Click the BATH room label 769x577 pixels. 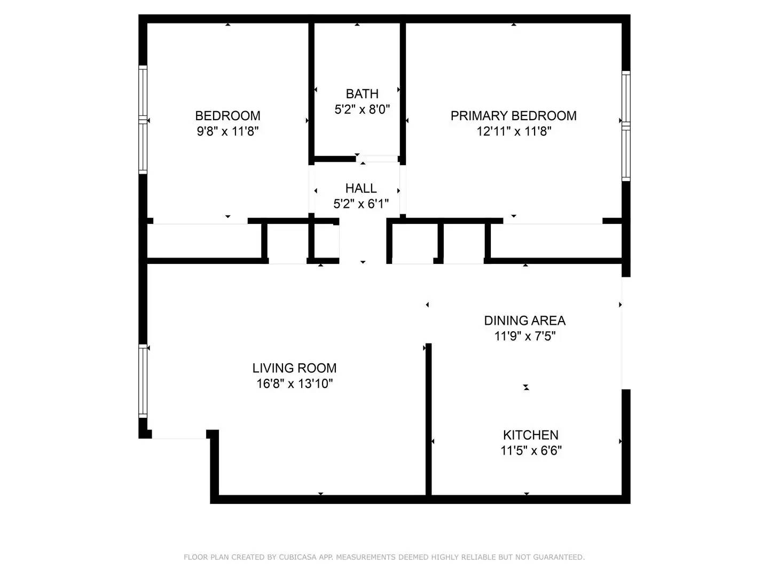click(x=362, y=94)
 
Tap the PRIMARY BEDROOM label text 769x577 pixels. click(x=513, y=115)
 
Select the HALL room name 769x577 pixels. click(x=361, y=188)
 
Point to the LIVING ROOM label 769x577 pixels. click(x=294, y=368)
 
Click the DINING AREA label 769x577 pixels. click(x=524, y=320)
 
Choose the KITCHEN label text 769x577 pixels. click(x=531, y=435)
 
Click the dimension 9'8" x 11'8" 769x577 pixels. click(x=227, y=131)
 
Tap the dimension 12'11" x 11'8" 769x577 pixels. click(x=514, y=131)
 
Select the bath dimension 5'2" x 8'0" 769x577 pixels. click(x=362, y=110)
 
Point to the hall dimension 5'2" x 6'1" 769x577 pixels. click(x=361, y=204)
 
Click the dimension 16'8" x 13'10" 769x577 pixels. click(x=294, y=384)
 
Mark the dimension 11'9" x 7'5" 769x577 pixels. click(x=524, y=336)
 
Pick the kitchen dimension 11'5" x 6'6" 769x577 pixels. click(x=531, y=450)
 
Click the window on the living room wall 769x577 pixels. click(x=143, y=381)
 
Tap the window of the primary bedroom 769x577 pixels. click(x=626, y=126)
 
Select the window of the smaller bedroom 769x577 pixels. click(x=143, y=120)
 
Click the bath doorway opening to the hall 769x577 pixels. click(x=377, y=159)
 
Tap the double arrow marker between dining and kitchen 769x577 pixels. click(x=526, y=387)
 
